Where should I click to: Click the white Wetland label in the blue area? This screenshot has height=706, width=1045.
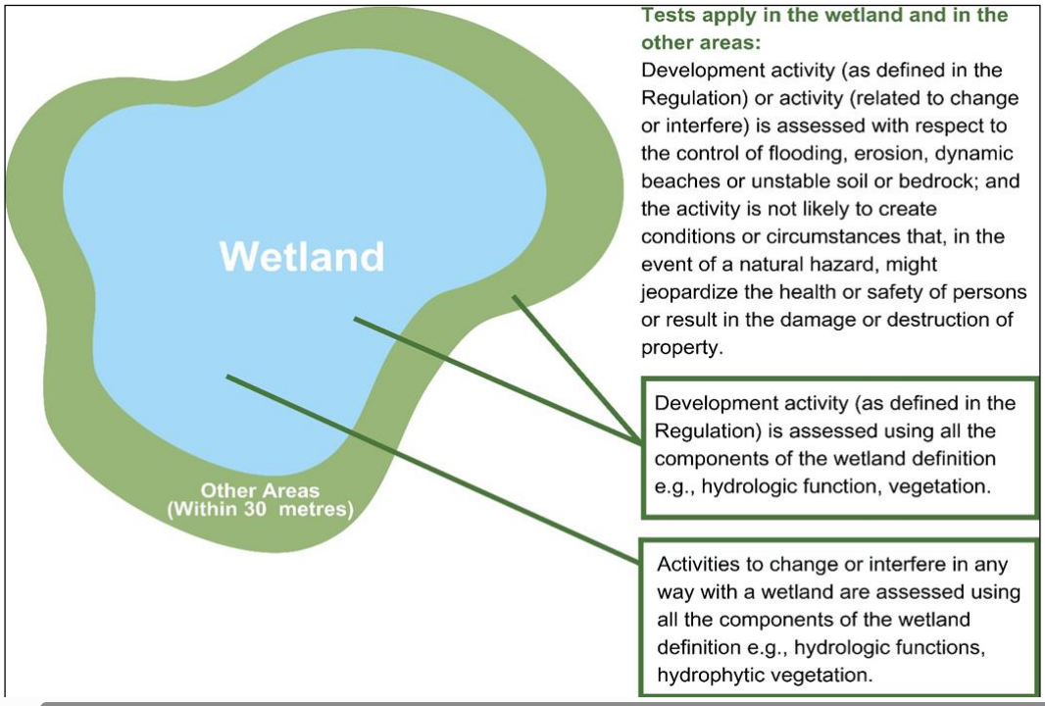tap(302, 257)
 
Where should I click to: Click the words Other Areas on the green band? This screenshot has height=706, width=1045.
tap(260, 490)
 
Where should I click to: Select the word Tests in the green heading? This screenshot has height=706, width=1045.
tap(667, 16)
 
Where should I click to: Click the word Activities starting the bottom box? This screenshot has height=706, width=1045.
tap(699, 565)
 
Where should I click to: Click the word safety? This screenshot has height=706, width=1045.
tap(910, 292)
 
